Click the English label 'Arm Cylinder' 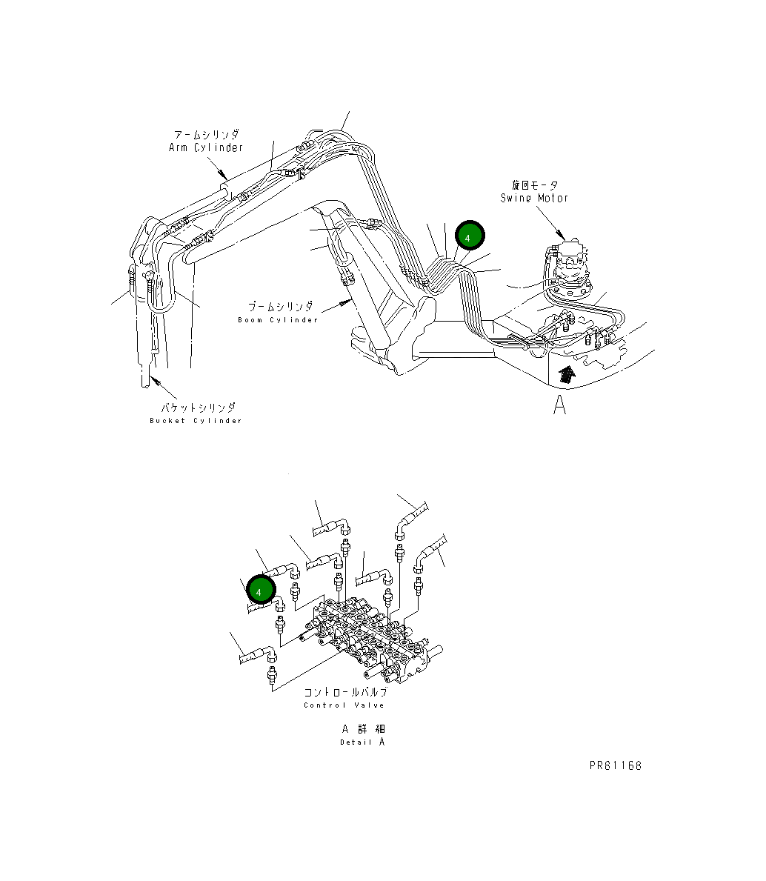[206, 147]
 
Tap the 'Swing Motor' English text [534, 198]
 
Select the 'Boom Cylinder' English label [278, 320]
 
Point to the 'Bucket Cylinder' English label [196, 421]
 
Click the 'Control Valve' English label [344, 705]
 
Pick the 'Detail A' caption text [362, 742]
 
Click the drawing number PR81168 [616, 765]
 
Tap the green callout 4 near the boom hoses [469, 236]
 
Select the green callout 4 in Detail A [260, 590]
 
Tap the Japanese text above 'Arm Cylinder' [206, 135]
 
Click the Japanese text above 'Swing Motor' [534, 185]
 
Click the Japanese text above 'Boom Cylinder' [280, 306]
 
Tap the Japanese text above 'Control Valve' [344, 692]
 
